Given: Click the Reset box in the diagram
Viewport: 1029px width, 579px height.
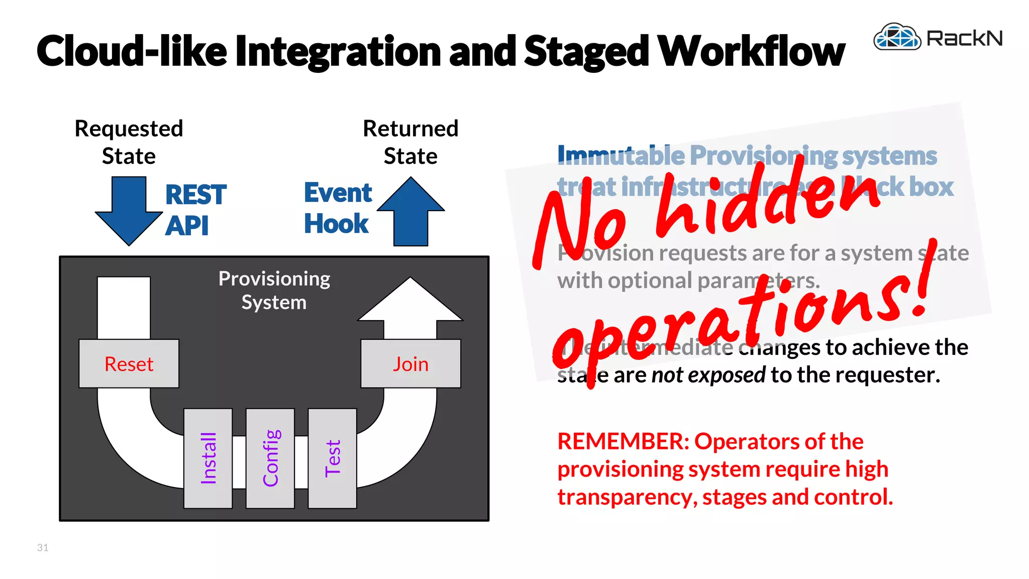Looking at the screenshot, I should [129, 363].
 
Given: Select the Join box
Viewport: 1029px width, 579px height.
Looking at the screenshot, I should [410, 363].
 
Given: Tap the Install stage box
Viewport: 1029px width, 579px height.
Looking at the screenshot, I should [208, 458].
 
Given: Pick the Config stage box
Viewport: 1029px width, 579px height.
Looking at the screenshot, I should [270, 458].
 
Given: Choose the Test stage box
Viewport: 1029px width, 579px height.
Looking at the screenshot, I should [332, 458].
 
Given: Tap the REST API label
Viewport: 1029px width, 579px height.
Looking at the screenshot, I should [195, 210].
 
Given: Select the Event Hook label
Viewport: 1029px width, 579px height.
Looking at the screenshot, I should [338, 208].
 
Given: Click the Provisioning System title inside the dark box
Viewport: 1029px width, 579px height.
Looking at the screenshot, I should [274, 290].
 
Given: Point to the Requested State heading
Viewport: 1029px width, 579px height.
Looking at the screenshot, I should [129, 142].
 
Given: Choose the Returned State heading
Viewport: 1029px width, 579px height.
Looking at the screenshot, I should [410, 142].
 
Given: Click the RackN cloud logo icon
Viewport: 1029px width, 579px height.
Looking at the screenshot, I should [897, 37].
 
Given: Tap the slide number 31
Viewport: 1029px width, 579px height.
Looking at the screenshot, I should [43, 547].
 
